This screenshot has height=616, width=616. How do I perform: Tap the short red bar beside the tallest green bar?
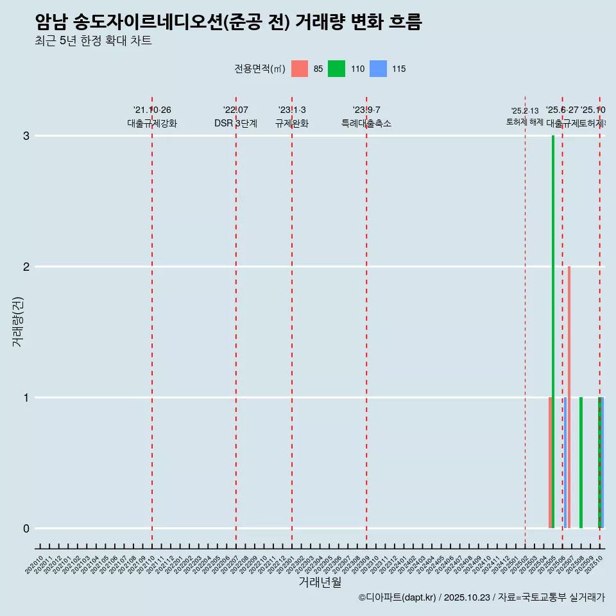[550, 462]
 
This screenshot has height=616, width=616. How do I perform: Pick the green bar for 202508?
[581, 462]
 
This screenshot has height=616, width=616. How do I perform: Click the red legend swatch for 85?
[300, 69]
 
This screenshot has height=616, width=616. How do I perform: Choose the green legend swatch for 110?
[336, 69]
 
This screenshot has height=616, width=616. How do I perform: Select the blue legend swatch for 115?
[379, 69]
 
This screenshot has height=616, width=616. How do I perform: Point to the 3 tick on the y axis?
[26, 136]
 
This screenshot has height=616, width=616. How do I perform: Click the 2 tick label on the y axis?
[26, 267]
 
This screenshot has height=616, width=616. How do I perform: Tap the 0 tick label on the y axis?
[26, 529]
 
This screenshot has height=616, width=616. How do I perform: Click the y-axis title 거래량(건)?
[17, 321]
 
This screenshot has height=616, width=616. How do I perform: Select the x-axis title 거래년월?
[320, 582]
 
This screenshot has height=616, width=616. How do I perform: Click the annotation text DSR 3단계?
[235, 124]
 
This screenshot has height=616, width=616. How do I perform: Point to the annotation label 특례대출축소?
[366, 124]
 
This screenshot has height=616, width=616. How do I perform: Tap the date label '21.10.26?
[152, 110]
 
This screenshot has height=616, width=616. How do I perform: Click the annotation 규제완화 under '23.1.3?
[292, 124]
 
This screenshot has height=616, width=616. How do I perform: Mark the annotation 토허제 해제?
[524, 122]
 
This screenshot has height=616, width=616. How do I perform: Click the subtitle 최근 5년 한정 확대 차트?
[94, 41]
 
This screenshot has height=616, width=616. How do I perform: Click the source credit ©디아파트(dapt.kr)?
[397, 597]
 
